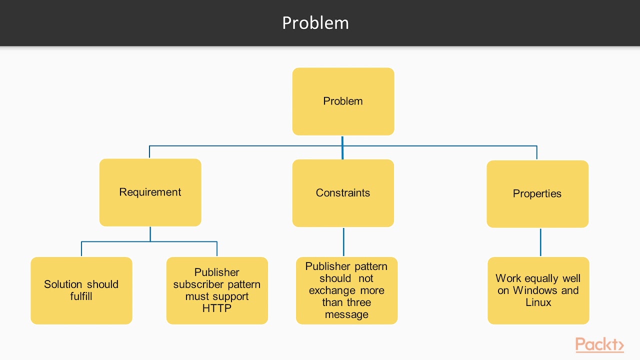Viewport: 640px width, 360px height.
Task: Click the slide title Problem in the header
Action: click(x=315, y=23)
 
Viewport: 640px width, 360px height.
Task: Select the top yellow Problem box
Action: click(x=343, y=101)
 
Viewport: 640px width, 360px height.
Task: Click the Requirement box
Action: click(x=150, y=192)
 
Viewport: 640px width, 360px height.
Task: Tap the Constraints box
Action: click(x=343, y=193)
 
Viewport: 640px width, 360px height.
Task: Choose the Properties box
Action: click(x=537, y=194)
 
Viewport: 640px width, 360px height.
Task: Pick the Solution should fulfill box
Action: click(x=81, y=290)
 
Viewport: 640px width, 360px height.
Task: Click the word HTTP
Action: click(x=217, y=308)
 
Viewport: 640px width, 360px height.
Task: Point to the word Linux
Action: click(x=538, y=302)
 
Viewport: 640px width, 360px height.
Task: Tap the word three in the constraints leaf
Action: click(x=357, y=302)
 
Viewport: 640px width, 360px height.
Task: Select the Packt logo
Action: click(x=599, y=344)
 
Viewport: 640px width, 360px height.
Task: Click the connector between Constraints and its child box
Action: click(x=343, y=242)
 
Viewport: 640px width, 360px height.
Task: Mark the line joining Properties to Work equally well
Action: click(x=540, y=242)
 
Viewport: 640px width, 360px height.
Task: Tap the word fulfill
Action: click(x=81, y=296)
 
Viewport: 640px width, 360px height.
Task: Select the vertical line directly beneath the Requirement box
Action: click(x=150, y=234)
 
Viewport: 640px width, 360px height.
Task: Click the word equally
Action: click(x=541, y=278)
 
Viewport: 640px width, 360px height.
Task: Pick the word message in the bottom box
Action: click(x=346, y=314)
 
